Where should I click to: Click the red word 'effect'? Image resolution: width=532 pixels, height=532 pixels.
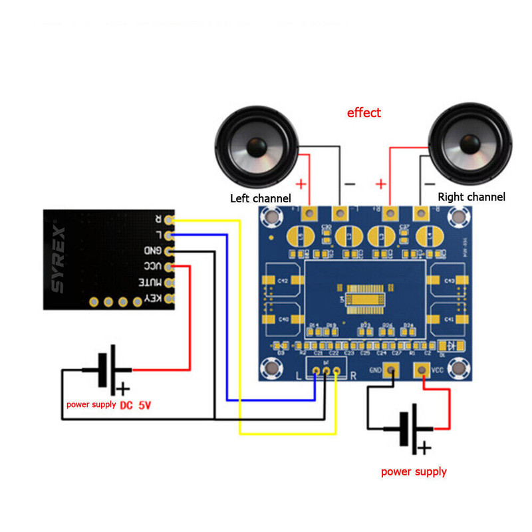[364, 112]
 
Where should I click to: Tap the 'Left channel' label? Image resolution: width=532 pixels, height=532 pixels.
[260, 198]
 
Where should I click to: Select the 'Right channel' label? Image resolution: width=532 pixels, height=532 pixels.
[471, 197]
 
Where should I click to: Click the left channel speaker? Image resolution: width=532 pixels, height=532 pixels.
[256, 148]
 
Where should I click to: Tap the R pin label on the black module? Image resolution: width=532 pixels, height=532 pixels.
[158, 219]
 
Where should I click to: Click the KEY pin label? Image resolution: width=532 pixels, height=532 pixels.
[152, 299]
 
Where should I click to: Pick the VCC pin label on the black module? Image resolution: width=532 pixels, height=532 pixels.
[152, 267]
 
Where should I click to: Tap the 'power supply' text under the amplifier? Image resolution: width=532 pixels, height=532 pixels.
[414, 472]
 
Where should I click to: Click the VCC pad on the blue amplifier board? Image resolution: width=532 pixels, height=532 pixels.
[421, 370]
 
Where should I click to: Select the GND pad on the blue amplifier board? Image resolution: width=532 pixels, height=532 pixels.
[393, 370]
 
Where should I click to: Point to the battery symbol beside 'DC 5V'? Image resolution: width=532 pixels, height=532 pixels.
[106, 370]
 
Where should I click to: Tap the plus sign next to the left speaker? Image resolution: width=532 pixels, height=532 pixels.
[301, 184]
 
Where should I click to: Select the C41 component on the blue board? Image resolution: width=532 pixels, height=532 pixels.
[449, 320]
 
